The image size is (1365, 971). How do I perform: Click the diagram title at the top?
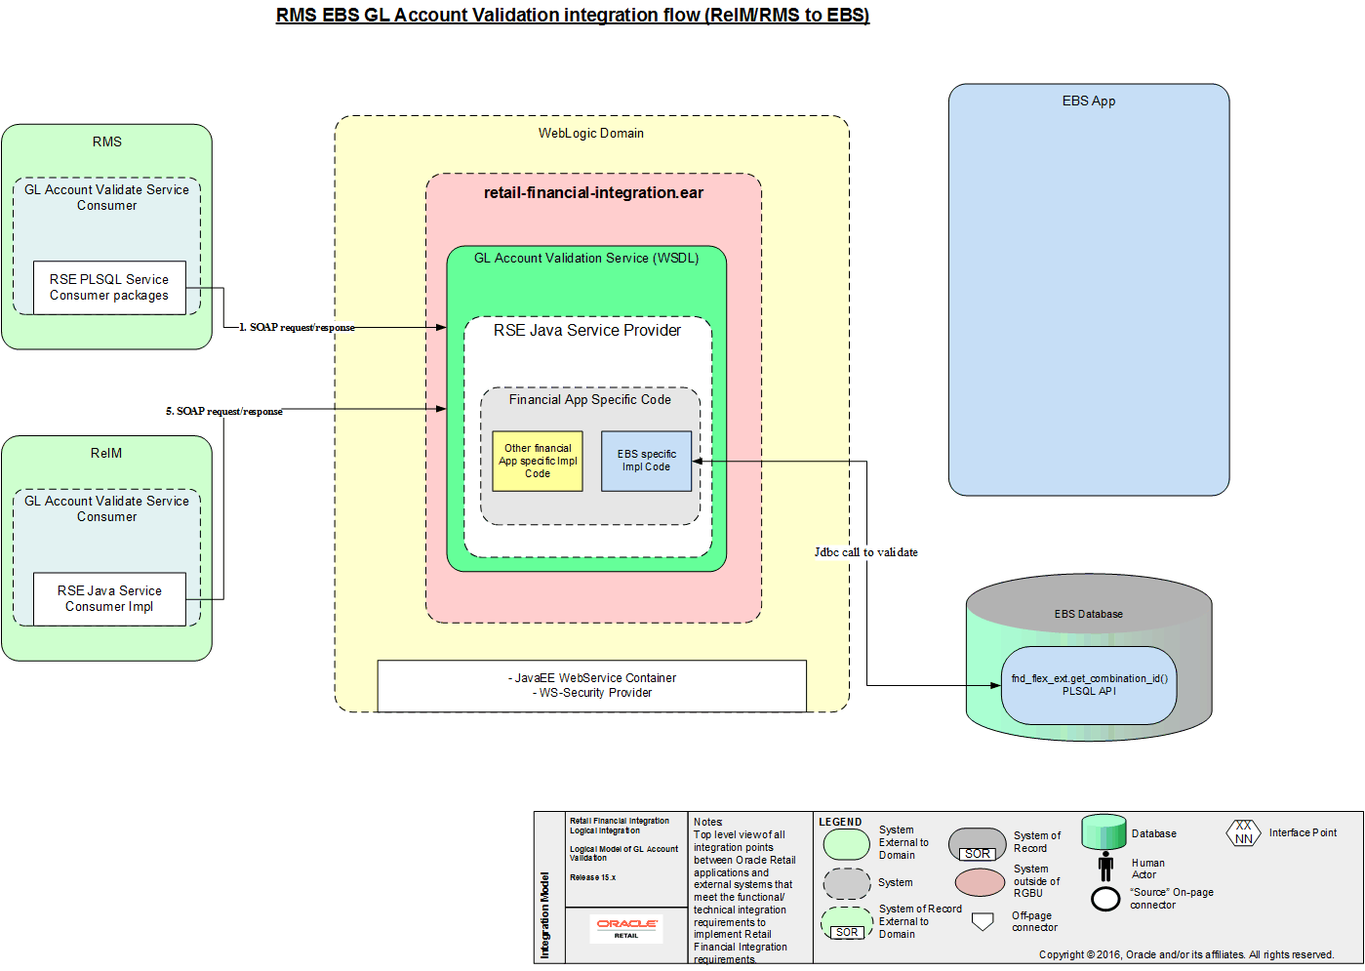(x=573, y=16)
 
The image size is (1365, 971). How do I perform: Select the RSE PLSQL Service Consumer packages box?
(x=109, y=288)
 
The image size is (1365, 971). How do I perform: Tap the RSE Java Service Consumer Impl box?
(x=109, y=599)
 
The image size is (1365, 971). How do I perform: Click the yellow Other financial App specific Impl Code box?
(x=538, y=462)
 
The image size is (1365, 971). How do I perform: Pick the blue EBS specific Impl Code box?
(x=646, y=462)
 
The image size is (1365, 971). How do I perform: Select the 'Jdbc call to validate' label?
(x=865, y=552)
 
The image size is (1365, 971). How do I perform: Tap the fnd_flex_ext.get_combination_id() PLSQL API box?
(x=1089, y=685)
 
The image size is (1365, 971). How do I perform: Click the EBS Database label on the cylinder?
(x=1088, y=614)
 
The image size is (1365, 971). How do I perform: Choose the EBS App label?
(x=1089, y=101)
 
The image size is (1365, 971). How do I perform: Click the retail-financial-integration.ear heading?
(x=593, y=193)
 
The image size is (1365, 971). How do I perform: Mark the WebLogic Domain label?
(x=591, y=134)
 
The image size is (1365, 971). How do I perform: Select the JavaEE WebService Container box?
(x=591, y=686)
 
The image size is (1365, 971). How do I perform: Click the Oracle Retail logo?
(x=626, y=927)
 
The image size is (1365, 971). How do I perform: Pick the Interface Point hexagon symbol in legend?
(x=1243, y=833)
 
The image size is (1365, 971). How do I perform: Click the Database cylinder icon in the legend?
(x=1104, y=832)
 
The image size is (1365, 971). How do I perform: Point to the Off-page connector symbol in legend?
(x=984, y=921)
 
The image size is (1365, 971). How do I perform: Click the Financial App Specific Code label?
(x=589, y=400)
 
